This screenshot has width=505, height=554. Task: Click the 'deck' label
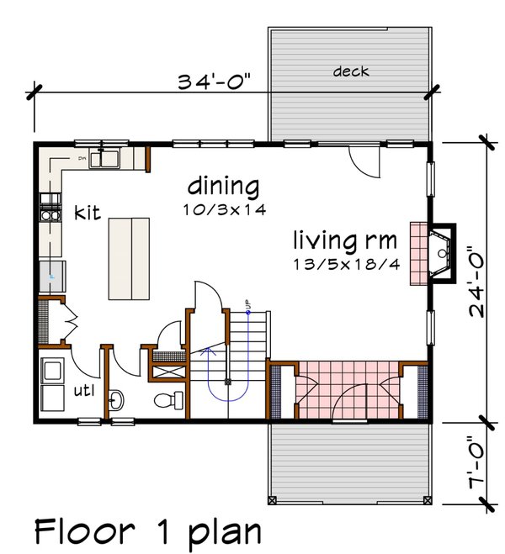[350, 71]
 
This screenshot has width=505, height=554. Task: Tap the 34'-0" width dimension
[214, 82]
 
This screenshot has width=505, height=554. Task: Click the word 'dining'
[223, 185]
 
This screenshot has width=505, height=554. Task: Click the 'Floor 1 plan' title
[148, 531]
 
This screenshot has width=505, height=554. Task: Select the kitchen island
[129, 257]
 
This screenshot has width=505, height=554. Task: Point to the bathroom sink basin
[117, 397]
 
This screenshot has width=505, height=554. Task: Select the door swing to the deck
[364, 160]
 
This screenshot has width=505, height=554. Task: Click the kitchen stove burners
[51, 207]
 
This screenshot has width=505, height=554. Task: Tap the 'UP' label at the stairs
[248, 304]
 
